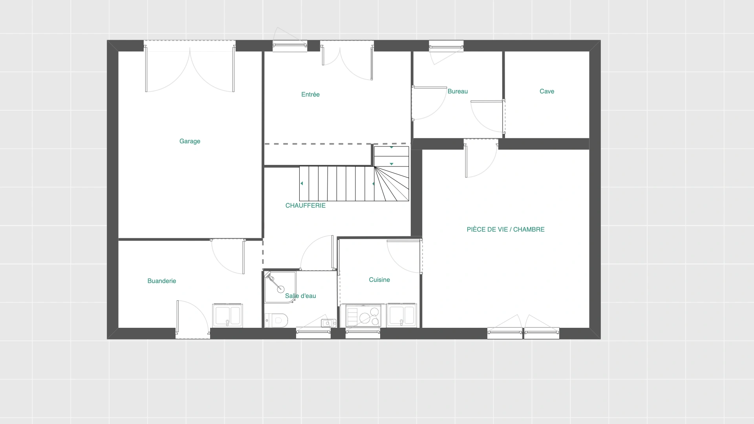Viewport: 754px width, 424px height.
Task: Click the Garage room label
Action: coord(190,141)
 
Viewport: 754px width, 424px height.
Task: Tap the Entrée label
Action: coord(310,95)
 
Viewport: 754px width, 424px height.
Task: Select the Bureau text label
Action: coord(458,91)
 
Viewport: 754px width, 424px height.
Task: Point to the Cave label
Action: coord(547,91)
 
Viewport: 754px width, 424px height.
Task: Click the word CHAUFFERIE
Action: coord(306,206)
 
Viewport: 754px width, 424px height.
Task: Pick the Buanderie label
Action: coord(162,281)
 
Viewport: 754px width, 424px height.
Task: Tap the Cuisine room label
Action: coord(379,280)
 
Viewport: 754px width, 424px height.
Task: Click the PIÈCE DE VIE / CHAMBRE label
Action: coord(505,230)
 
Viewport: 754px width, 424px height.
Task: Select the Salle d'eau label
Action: coord(300,296)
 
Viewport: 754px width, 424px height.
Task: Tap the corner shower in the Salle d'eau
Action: coord(280,287)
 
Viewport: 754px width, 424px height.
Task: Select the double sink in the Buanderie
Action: coord(227,315)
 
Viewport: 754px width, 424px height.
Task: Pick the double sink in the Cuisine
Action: coord(401,315)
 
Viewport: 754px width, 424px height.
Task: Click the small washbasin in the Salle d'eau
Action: coord(328,323)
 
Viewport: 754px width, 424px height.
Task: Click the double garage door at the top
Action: coord(190,67)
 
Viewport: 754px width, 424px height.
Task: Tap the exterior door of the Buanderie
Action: coord(193,319)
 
